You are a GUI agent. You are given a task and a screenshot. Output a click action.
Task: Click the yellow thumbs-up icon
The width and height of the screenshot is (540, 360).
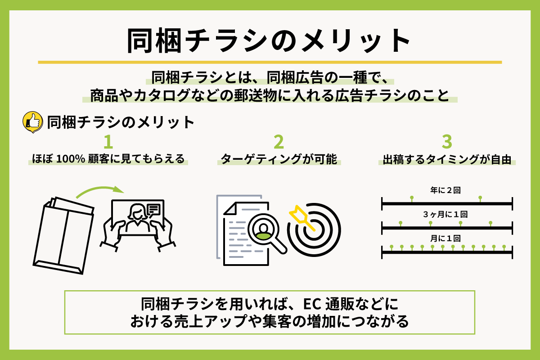tap(33, 122)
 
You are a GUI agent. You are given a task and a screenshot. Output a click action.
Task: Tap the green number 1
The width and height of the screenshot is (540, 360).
tap(108, 142)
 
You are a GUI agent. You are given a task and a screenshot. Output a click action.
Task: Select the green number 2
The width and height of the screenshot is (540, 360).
tap(279, 142)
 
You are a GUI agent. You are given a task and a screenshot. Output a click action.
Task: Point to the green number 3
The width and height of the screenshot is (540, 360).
tap(447, 142)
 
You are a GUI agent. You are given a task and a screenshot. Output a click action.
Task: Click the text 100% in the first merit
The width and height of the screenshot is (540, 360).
tap(70, 159)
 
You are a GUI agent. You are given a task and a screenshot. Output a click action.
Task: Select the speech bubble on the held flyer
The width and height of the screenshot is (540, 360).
tap(153, 210)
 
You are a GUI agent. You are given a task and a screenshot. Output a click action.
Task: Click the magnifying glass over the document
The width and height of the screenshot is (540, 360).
tap(266, 233)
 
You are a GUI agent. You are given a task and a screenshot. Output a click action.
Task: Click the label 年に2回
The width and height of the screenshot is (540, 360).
tap(445, 190)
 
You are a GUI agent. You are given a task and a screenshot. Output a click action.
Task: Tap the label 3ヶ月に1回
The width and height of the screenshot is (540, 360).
tap(445, 214)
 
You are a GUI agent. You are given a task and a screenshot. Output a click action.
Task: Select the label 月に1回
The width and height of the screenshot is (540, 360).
tap(445, 238)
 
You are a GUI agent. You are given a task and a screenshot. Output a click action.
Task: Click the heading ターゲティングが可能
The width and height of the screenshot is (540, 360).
tap(279, 159)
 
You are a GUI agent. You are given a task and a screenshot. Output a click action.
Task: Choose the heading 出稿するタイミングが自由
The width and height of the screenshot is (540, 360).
tap(447, 159)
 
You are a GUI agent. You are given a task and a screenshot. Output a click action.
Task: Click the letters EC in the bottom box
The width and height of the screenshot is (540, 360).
tap(312, 304)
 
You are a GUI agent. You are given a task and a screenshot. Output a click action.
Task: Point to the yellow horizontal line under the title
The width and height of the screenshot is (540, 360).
tap(270, 62)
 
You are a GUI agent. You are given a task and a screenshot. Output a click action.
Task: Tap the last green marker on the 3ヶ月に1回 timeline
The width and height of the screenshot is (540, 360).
tap(490, 224)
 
